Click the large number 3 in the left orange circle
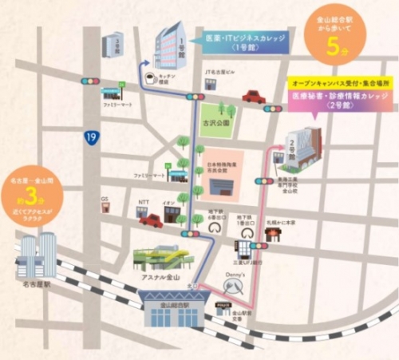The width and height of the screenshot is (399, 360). (30, 193)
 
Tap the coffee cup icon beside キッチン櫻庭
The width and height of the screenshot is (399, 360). (148, 78)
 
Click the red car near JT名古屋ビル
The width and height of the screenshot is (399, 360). (254, 97)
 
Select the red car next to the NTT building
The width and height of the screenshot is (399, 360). (151, 220)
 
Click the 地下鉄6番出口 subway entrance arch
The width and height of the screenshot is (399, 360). (212, 227)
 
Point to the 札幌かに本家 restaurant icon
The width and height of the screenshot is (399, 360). (275, 234)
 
